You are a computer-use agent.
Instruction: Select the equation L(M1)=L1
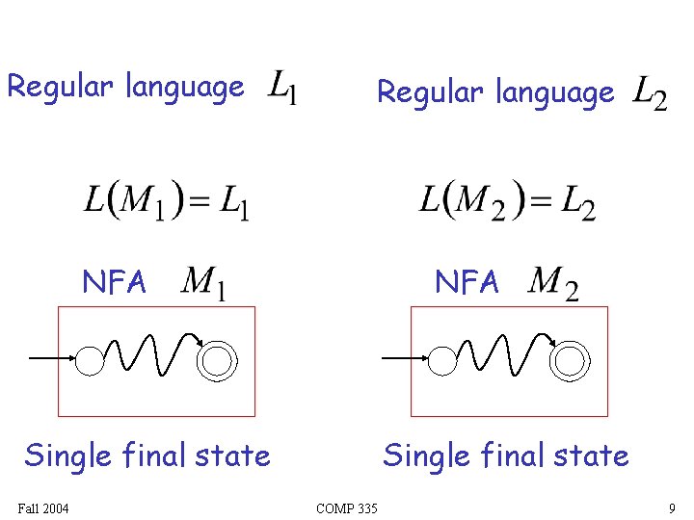coord(167,200)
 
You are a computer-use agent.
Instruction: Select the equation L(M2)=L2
coord(507,200)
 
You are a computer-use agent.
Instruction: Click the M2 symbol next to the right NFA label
coord(553,283)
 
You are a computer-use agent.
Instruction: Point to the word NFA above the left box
coord(115,282)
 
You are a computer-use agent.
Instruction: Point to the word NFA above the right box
coord(467,282)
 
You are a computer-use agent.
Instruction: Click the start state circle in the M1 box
coord(90,360)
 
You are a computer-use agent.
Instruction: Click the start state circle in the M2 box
coord(442,360)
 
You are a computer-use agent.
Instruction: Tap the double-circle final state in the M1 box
coord(216,360)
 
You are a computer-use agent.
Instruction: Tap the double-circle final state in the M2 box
coord(569,360)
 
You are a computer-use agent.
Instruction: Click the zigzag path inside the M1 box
coord(149,354)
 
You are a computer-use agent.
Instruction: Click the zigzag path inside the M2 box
coord(502,354)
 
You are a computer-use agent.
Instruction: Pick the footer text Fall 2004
coord(42,507)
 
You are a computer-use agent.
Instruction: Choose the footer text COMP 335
coord(347,507)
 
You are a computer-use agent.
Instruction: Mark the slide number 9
coord(671,507)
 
